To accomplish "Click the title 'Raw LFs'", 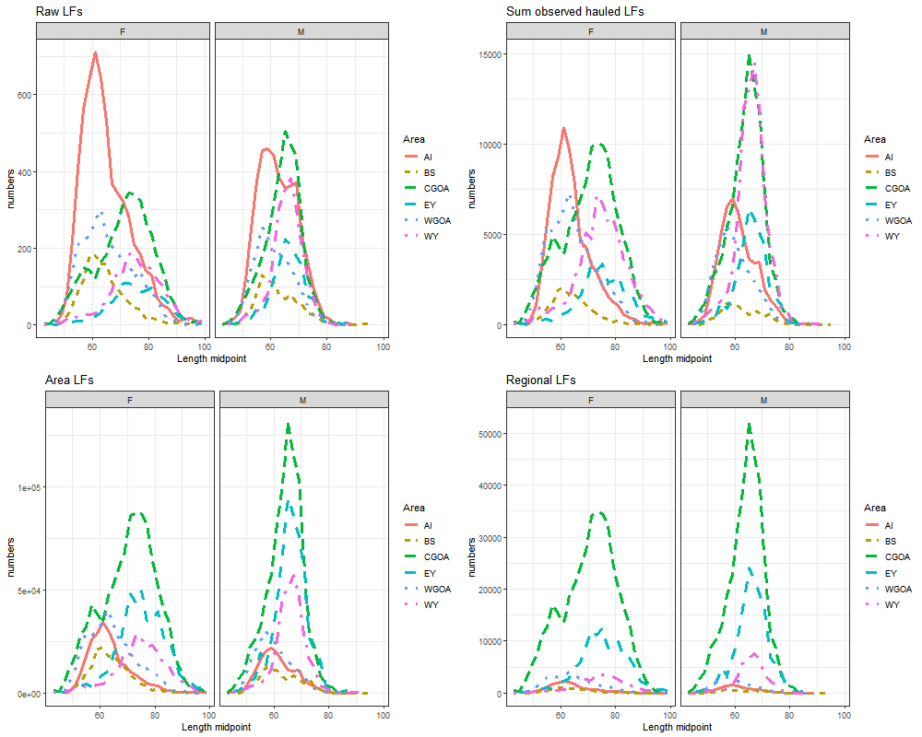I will click(58, 11).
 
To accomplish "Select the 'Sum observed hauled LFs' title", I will click(574, 11).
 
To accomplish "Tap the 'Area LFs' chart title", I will click(68, 380).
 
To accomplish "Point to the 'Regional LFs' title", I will click(540, 380).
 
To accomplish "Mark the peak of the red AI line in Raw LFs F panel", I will click(95, 53).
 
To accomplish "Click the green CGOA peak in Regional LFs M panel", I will click(749, 424).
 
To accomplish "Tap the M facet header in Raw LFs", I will click(301, 30).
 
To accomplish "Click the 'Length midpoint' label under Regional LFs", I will click(677, 727).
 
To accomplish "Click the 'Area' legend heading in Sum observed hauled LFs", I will click(875, 140).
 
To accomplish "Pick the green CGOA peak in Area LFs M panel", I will click(289, 424).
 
